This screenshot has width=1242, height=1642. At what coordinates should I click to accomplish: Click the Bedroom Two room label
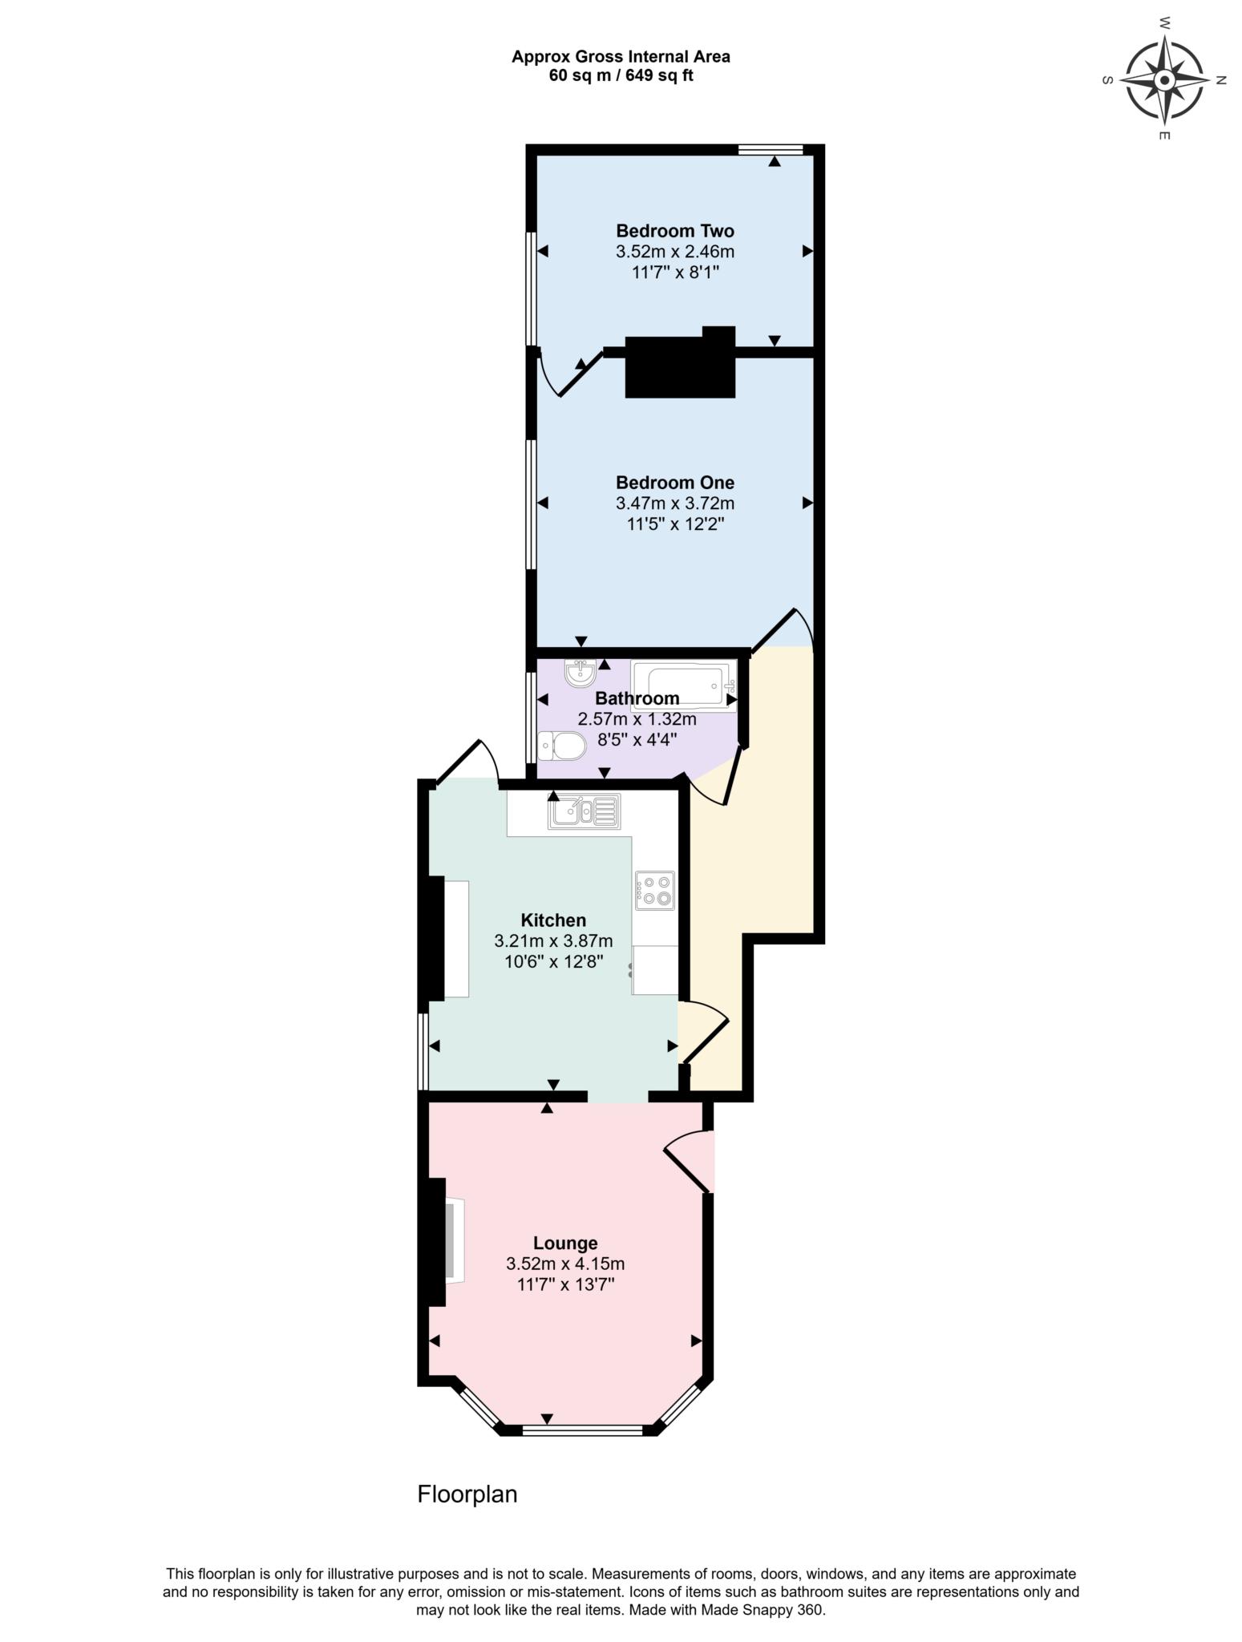(x=674, y=231)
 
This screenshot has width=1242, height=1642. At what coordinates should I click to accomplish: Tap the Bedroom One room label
(x=674, y=483)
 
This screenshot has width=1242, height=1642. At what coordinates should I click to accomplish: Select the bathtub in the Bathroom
(x=683, y=686)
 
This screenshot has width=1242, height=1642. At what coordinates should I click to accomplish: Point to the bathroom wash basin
(x=579, y=673)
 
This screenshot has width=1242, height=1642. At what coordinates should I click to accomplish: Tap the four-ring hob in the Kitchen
(x=655, y=890)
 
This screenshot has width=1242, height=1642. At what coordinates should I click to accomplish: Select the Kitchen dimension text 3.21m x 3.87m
(x=553, y=940)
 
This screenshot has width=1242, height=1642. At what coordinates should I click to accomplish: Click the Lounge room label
(x=565, y=1243)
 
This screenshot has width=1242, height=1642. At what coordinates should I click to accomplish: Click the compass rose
(x=1164, y=80)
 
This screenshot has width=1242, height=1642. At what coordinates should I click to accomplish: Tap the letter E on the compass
(x=1164, y=135)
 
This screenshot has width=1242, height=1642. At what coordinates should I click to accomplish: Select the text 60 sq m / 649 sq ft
(x=621, y=76)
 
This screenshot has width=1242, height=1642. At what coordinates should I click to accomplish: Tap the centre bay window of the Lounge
(x=582, y=1430)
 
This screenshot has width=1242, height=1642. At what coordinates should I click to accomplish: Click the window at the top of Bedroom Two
(x=770, y=149)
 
